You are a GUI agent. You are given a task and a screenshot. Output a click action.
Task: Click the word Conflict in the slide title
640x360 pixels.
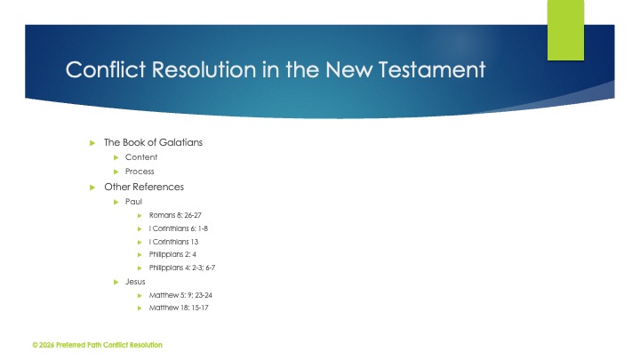tap(100, 69)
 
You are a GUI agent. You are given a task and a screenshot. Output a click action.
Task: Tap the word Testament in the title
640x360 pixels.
tap(435, 69)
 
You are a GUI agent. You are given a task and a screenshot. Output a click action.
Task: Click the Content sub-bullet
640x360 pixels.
tap(141, 157)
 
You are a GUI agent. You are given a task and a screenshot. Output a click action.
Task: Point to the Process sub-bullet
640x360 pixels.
tap(140, 172)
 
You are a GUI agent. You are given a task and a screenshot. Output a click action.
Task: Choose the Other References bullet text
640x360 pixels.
tap(144, 187)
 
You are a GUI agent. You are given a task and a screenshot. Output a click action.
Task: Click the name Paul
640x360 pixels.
tap(133, 202)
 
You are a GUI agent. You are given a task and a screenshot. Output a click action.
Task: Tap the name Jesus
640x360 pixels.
tap(136, 281)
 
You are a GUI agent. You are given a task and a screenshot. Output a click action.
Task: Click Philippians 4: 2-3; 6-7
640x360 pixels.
tap(184, 268)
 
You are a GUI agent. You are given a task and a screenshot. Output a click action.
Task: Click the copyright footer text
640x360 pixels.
tap(97, 345)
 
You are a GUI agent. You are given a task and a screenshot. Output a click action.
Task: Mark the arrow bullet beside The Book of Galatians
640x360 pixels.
tap(92, 142)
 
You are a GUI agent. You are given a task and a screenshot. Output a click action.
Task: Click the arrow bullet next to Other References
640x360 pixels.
tap(92, 187)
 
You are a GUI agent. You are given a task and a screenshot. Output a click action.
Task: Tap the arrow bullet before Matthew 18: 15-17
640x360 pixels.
tap(140, 308)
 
